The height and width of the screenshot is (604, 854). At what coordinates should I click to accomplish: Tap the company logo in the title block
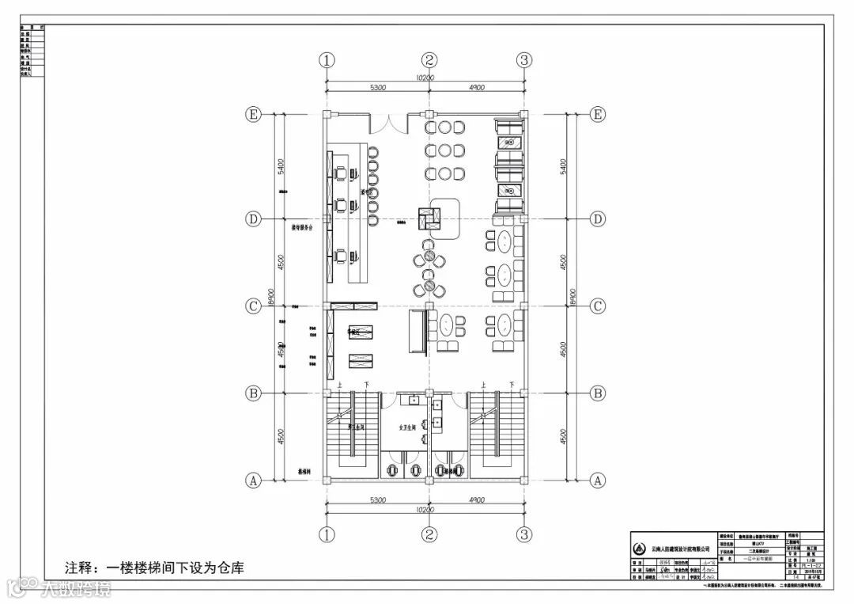(639, 549)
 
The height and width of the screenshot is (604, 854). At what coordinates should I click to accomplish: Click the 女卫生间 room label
(407, 427)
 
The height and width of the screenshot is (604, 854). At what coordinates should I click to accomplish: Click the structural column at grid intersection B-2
(429, 393)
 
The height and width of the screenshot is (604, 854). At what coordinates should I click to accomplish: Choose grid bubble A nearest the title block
(599, 480)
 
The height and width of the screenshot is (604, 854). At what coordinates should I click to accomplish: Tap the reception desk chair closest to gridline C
(340, 256)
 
